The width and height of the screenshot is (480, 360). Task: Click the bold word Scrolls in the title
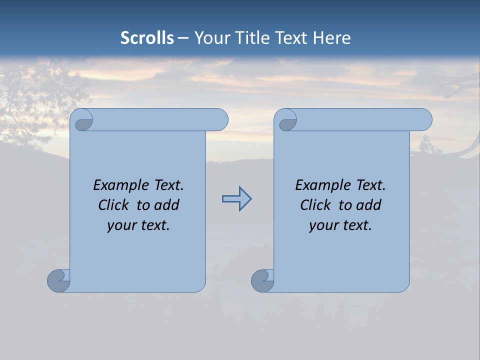pyautogui.click(x=147, y=38)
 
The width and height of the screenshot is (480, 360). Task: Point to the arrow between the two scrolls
pyautogui.click(x=236, y=199)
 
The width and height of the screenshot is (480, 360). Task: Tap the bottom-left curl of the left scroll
pyautogui.click(x=58, y=280)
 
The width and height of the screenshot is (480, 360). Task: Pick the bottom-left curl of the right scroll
pyautogui.click(x=262, y=280)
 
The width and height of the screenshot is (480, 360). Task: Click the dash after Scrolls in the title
pyautogui.click(x=183, y=38)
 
